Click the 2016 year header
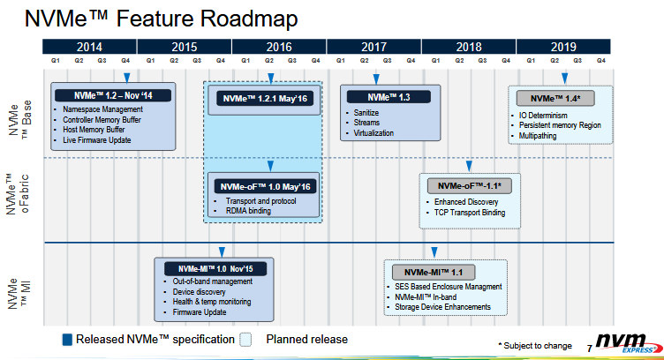(x=279, y=47)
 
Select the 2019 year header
(x=563, y=47)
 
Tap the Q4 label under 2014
(x=125, y=61)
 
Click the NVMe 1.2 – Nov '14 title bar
(x=113, y=95)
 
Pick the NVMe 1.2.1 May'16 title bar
(x=265, y=99)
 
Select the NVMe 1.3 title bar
(x=389, y=97)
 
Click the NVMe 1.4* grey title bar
(x=555, y=99)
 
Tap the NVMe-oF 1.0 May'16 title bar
(x=265, y=186)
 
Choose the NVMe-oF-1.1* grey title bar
(x=469, y=186)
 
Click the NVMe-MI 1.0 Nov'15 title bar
(x=215, y=269)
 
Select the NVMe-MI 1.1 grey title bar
(x=434, y=273)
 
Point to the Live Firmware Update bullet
(x=96, y=140)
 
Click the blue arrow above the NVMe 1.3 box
(x=376, y=79)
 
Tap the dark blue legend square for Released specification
(x=67, y=340)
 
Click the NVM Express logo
(x=628, y=343)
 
